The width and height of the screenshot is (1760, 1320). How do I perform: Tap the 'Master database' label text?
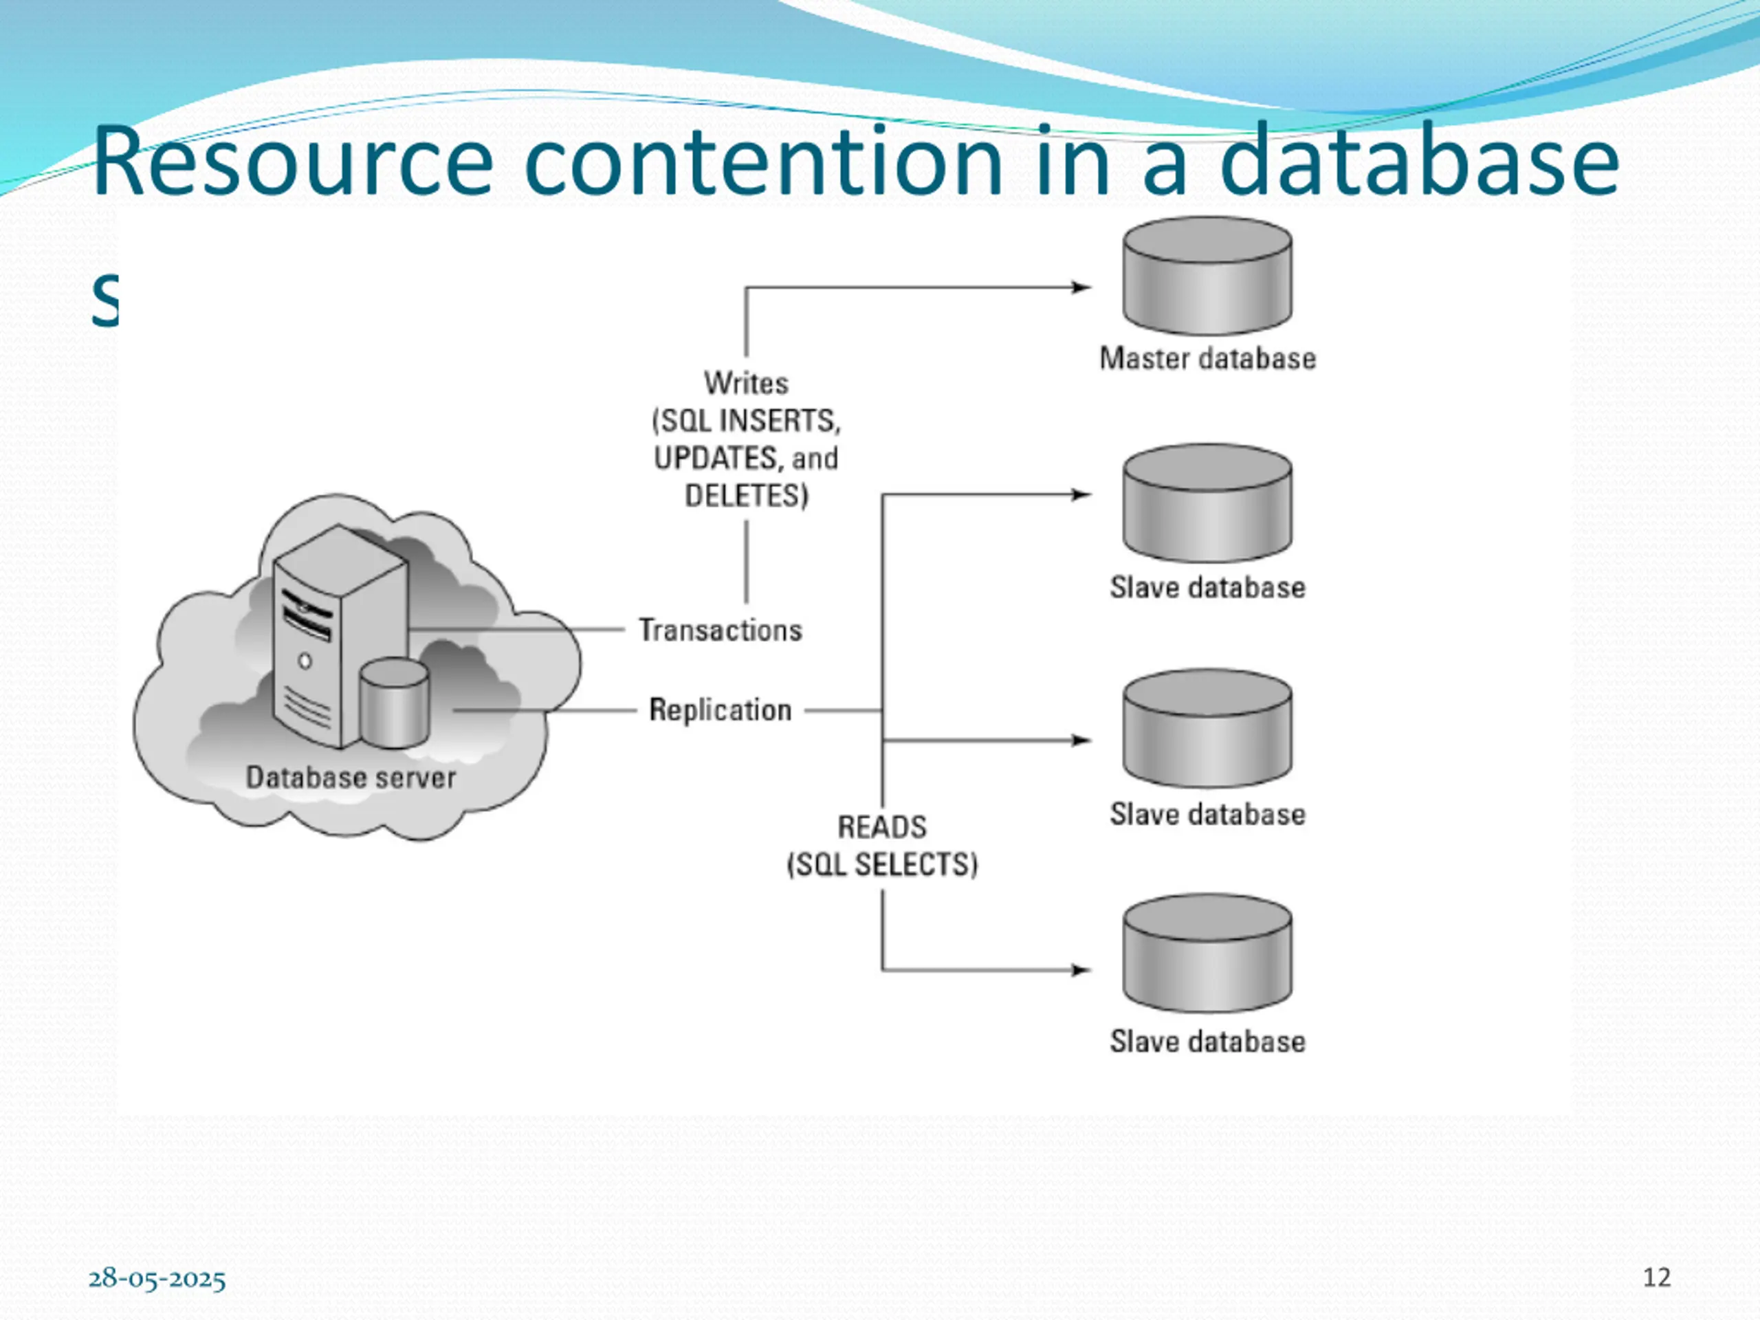point(1207,359)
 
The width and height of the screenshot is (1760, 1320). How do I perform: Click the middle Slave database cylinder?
point(1207,728)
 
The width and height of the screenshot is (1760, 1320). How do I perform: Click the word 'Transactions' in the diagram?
point(720,630)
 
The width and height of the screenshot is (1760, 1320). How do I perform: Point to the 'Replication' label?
point(720,709)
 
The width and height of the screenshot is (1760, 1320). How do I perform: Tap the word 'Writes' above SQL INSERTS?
point(745,384)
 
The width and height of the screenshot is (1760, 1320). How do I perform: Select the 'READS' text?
point(881,828)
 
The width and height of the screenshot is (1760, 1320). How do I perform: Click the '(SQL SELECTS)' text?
point(881,865)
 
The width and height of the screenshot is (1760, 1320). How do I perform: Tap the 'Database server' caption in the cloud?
point(350,778)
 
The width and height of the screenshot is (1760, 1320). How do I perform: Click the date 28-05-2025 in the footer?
point(157,1279)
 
